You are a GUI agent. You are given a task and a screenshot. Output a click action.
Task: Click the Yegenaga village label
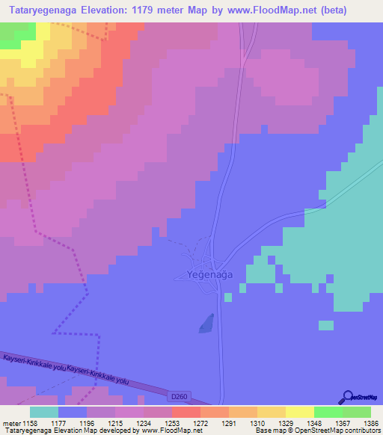pos(204,275)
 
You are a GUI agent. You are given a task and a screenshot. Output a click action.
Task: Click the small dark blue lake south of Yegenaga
pos(206,324)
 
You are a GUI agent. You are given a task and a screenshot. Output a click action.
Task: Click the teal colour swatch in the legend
pos(44,412)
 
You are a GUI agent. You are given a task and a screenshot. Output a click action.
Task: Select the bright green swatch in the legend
pos(328,412)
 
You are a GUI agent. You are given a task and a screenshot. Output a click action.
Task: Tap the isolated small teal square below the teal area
pos(325,325)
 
